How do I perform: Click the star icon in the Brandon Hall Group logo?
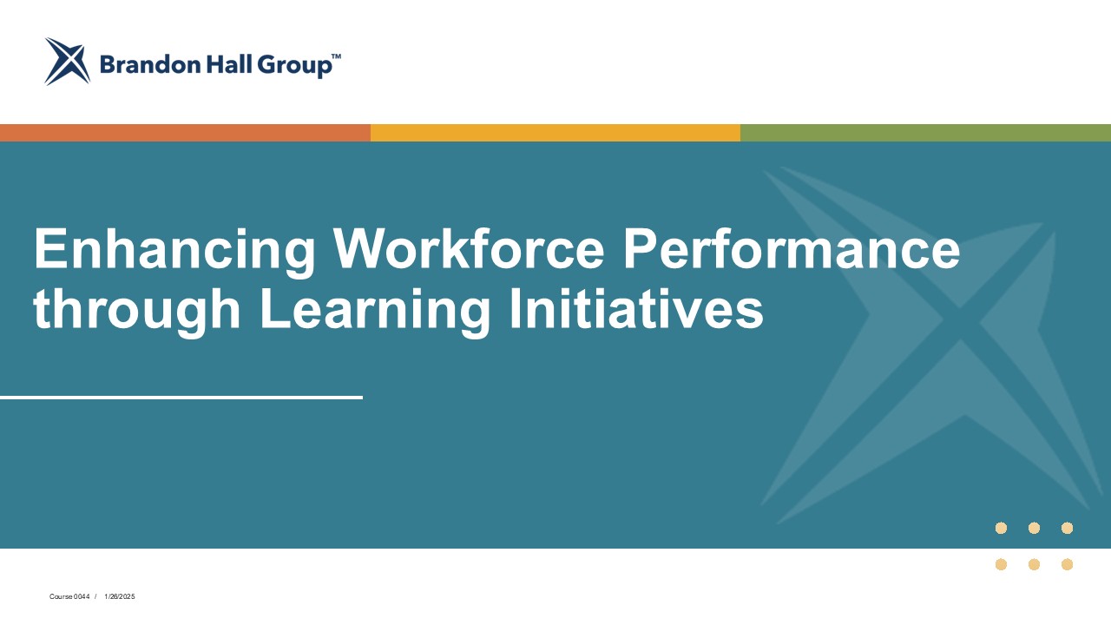tap(68, 62)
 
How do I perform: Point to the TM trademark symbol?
tap(336, 56)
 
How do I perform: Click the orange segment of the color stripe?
tap(185, 133)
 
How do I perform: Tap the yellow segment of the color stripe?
tap(555, 133)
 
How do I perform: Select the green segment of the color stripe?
tap(925, 133)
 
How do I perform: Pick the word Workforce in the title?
tap(469, 248)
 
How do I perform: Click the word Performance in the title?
tap(792, 248)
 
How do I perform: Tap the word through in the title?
tap(137, 311)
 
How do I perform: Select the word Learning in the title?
tap(375, 311)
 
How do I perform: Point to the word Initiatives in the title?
tap(636, 307)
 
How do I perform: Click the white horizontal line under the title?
tap(181, 398)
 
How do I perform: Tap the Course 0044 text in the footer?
tap(69, 596)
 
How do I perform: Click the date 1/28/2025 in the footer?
tap(120, 596)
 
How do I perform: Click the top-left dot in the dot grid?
tap(1001, 528)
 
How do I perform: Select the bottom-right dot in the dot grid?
tap(1067, 564)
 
